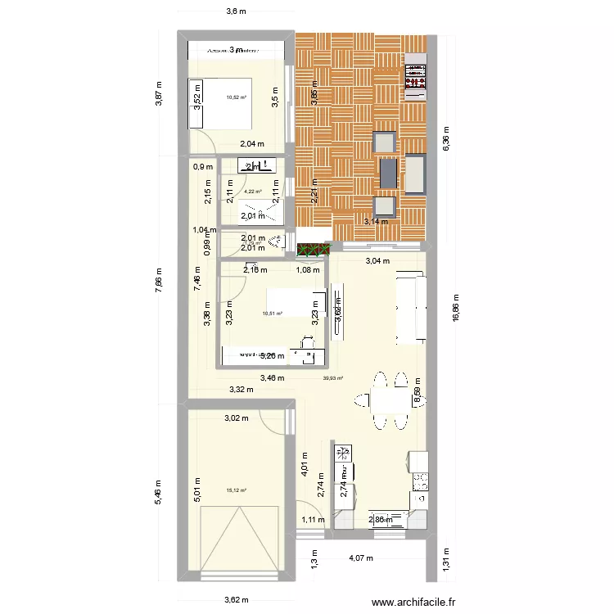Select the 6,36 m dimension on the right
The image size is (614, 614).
tap(445, 144)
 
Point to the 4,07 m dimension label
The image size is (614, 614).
tap(362, 559)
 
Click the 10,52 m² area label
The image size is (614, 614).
tap(237, 97)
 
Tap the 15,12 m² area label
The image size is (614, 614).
tap(236, 491)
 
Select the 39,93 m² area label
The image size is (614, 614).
tap(332, 378)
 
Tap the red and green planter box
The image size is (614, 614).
tap(311, 249)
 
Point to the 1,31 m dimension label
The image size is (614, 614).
tap(447, 559)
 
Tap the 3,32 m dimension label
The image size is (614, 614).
tap(241, 390)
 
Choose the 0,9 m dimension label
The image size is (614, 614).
tap(198, 167)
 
